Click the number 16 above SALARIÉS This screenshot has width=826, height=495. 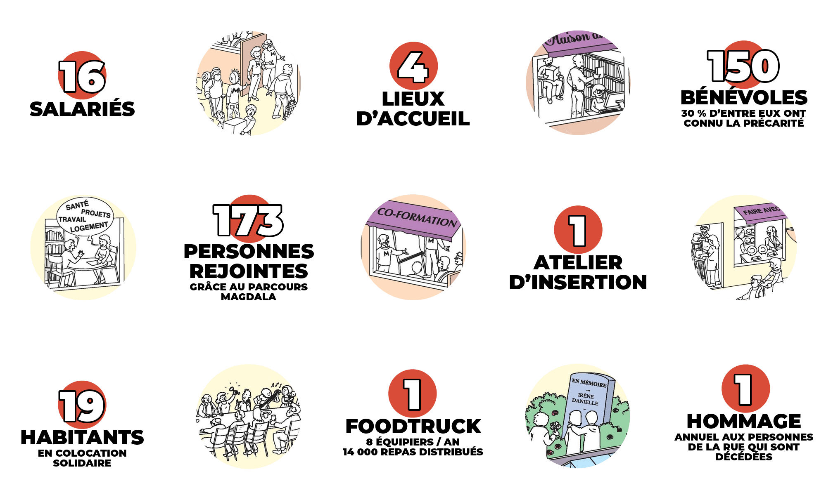point(82,77)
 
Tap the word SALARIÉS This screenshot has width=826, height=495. point(82,109)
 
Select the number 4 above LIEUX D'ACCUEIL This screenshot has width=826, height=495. point(413,67)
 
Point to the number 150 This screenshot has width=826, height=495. point(743,66)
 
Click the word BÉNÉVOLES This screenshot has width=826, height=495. point(744,97)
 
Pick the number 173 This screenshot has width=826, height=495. point(248,221)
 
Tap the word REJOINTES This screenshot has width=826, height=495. point(249,271)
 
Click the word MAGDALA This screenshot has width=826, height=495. point(249,297)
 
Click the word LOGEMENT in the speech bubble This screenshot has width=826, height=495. point(89,227)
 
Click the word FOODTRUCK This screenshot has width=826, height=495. point(413,427)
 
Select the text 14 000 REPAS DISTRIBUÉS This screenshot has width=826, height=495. point(413,452)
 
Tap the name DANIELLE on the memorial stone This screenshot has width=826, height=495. point(585,402)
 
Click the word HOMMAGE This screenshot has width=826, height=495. point(744,422)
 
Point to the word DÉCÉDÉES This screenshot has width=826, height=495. point(744,457)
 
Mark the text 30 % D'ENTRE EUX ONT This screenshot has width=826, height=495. point(744,113)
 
